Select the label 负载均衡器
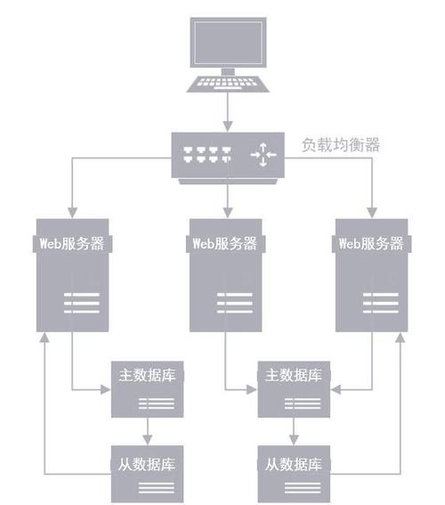point(340,145)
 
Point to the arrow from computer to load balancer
point(228,111)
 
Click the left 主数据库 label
point(147,375)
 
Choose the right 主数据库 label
point(294,375)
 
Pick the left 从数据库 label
point(147,465)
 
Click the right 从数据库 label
point(294,465)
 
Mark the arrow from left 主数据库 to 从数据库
point(147,432)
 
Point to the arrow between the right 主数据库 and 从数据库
point(294,432)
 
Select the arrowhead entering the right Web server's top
point(372,211)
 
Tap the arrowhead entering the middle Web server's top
point(228,211)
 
